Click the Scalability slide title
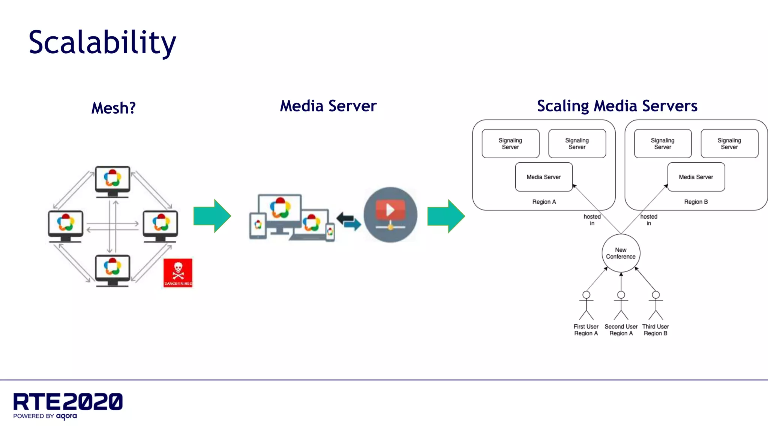click(102, 43)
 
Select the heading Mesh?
click(113, 108)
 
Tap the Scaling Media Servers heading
click(617, 106)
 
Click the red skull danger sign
click(178, 273)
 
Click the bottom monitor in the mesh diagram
click(112, 270)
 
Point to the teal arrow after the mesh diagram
click(212, 216)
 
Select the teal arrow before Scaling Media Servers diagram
click(446, 216)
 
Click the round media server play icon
click(390, 214)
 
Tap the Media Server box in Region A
click(543, 177)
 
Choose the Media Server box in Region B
click(696, 177)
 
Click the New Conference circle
click(621, 253)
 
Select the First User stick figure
click(586, 305)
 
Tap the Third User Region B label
click(655, 330)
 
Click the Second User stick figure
click(621, 305)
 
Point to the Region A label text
click(544, 202)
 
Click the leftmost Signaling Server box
click(510, 144)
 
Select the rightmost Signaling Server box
click(729, 144)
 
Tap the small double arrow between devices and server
click(349, 221)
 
